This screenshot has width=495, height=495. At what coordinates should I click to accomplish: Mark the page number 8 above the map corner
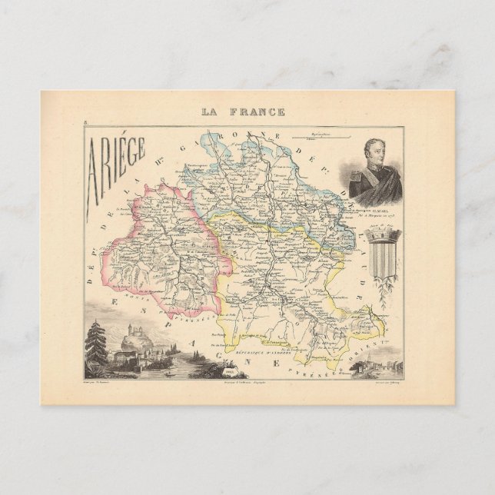(89, 121)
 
